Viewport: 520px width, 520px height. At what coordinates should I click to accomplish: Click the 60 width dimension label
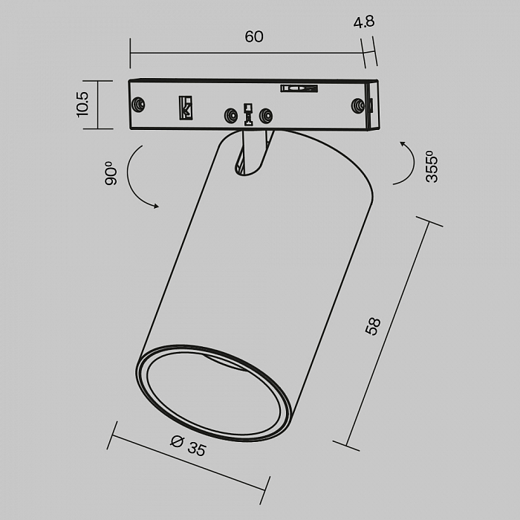[254, 37]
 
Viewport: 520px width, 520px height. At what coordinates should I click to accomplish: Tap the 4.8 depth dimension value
[364, 22]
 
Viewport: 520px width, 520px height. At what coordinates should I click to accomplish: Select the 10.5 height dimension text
[82, 104]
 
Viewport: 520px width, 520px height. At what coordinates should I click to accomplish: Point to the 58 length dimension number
[374, 327]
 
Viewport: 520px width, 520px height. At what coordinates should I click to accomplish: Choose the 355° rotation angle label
[433, 166]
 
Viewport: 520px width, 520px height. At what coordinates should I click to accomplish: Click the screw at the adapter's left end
[138, 105]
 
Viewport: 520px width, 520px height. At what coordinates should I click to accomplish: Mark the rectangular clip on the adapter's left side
[185, 108]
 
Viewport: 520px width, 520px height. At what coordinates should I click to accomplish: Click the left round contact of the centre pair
[232, 115]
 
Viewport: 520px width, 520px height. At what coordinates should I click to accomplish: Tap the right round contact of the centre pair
[265, 115]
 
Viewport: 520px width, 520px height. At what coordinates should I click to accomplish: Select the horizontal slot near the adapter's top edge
[299, 89]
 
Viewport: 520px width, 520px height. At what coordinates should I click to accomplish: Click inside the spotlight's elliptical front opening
[212, 391]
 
